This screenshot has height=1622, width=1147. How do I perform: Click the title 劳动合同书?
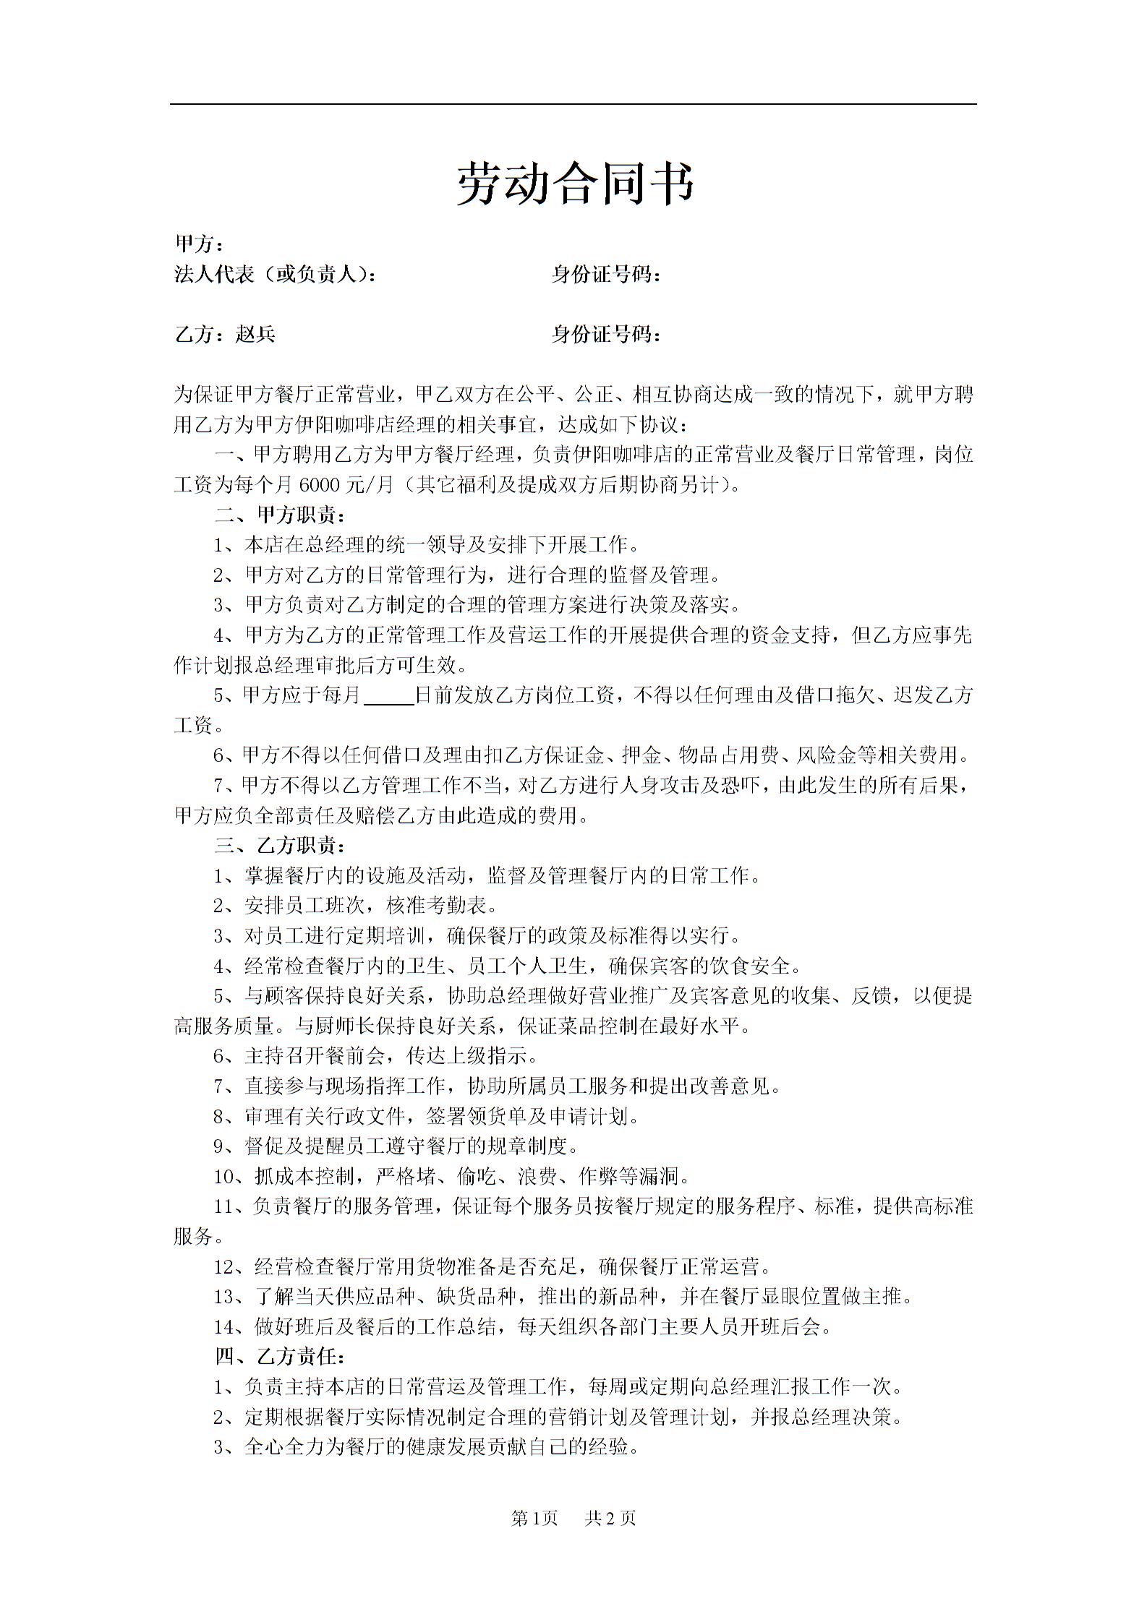click(575, 184)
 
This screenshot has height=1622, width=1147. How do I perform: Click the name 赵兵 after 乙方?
click(255, 334)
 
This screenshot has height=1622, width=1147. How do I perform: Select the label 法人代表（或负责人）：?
click(276, 275)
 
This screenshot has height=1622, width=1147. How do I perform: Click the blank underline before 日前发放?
click(389, 695)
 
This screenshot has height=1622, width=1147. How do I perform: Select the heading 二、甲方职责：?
click(280, 515)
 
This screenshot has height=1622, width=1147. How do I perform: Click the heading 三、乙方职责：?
click(280, 846)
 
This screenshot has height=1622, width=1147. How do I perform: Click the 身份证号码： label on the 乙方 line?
click(606, 334)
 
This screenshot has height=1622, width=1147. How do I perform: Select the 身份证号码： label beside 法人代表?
click(606, 275)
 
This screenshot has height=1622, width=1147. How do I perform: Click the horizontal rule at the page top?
click(573, 104)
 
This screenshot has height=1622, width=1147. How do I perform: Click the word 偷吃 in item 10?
click(476, 1177)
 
